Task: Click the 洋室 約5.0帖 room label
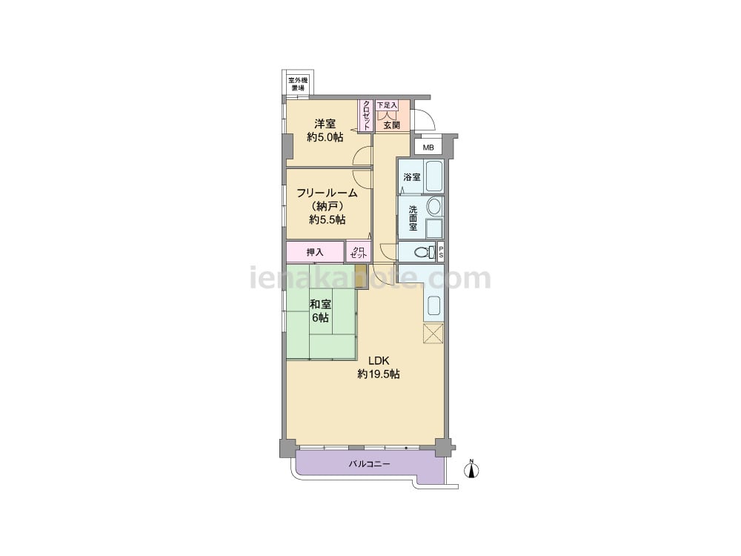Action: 325,130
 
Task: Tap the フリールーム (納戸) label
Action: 327,199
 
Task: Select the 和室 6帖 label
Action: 320,311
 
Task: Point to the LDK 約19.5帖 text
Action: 379,368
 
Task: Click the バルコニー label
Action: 370,464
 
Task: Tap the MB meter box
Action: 428,148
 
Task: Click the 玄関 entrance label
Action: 392,125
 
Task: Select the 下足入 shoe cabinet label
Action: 387,105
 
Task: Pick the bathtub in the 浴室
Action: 434,176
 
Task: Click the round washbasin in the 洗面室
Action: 433,207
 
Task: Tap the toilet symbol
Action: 425,251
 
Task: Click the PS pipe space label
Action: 441,252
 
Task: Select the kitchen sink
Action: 434,306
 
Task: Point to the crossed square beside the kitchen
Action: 433,334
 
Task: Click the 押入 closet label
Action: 315,253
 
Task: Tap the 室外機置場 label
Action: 298,85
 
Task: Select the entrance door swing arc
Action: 428,116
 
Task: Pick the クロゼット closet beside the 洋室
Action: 366,116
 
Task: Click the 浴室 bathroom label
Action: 412,177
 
